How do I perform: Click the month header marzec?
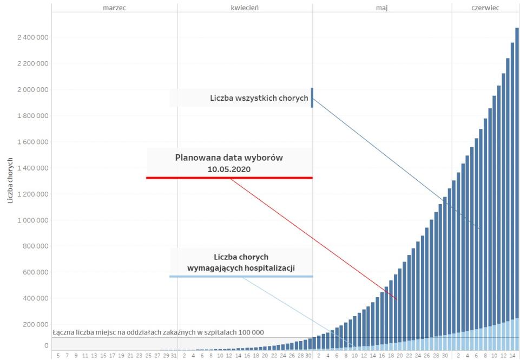[114, 8]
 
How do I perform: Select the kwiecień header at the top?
[244, 8]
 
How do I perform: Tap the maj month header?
[382, 8]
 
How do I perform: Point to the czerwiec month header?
[485, 8]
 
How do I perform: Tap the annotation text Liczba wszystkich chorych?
[259, 99]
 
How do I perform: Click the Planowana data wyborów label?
[229, 158]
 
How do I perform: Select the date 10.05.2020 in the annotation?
[229, 169]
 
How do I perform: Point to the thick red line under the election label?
[229, 178]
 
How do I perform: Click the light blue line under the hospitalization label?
[241, 276]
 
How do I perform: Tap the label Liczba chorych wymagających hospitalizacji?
[241, 262]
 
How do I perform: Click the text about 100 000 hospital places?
[159, 332]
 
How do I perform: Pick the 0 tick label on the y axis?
[46, 345]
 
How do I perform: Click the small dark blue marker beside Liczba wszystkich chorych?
[312, 97]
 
